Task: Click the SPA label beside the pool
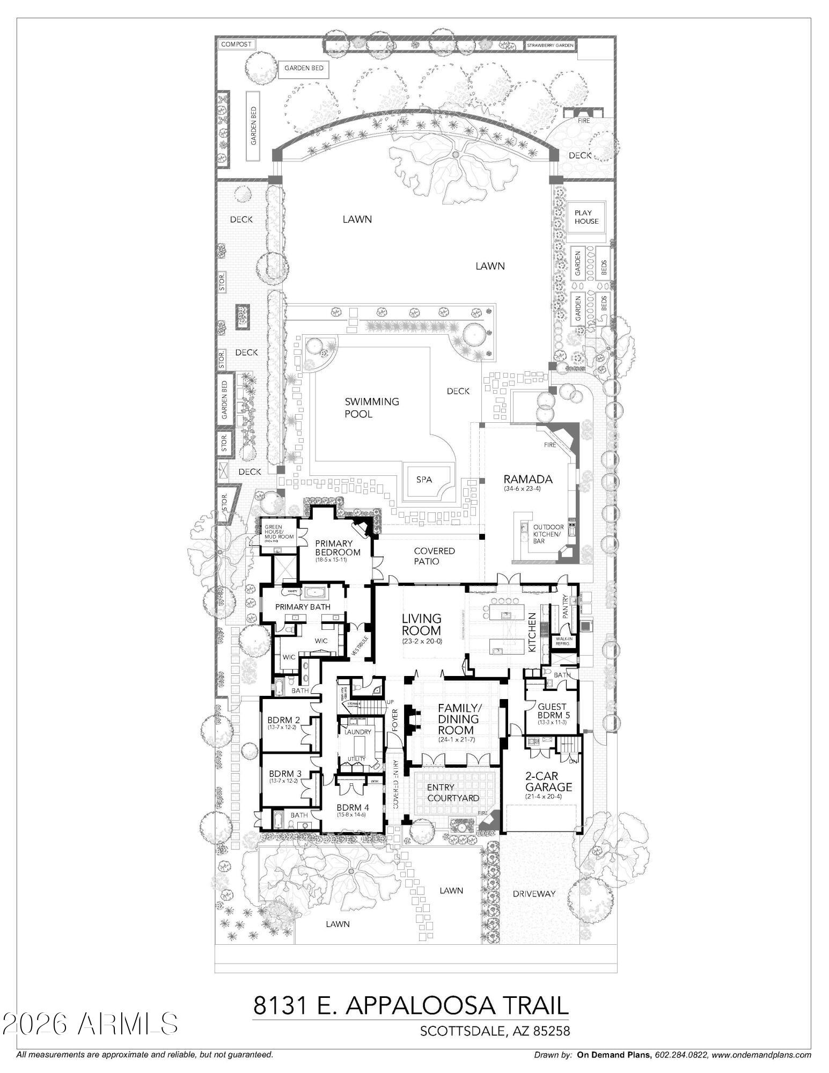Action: coord(424,479)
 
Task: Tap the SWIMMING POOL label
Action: coord(371,408)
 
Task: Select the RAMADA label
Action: coord(527,479)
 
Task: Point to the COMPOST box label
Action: coord(236,45)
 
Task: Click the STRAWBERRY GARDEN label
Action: coord(550,46)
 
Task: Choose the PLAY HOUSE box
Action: coord(586,217)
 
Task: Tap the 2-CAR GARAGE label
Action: coord(548,782)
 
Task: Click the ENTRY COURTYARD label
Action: coord(452,793)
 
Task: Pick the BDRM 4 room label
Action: coord(353,807)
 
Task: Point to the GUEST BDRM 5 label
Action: coord(552,711)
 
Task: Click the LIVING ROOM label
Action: coord(422,624)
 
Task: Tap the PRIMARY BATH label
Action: coord(303,607)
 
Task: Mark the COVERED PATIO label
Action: coord(434,556)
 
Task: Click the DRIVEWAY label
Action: coord(533,894)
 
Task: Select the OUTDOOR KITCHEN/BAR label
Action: coord(548,534)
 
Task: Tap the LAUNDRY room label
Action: coord(357,732)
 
